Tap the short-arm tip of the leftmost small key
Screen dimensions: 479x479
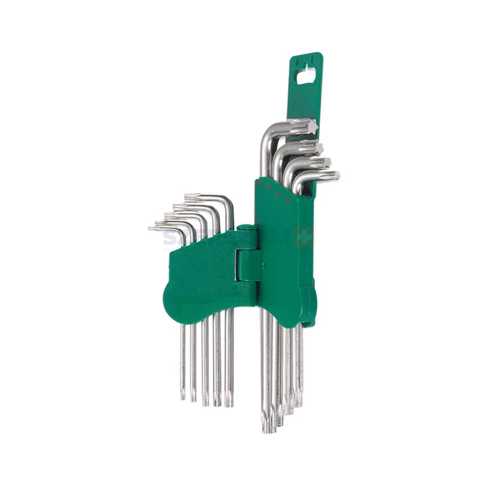tap(151, 228)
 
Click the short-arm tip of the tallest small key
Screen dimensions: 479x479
tap(187, 196)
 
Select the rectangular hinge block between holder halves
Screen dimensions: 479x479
tap(247, 263)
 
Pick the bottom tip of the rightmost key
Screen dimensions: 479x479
tap(299, 402)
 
